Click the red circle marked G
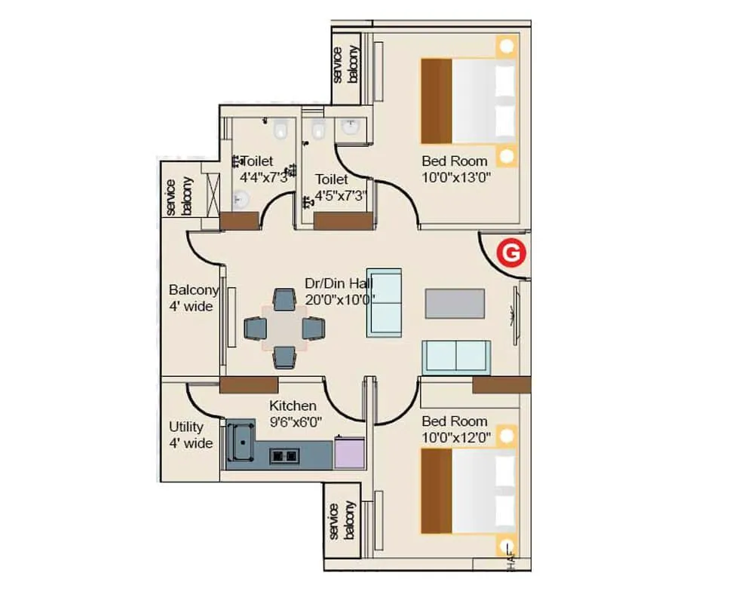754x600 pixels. coord(510,254)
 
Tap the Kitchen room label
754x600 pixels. coord(293,406)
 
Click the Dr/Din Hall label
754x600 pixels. coord(339,283)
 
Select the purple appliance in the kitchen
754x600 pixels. coord(349,453)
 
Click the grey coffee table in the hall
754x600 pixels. coord(455,302)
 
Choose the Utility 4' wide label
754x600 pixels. coord(190,435)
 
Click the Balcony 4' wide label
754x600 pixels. coord(193,298)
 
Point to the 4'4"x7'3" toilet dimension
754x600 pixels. coord(264,178)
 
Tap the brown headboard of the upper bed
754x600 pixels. coord(436,101)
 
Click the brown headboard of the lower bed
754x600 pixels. coord(436,491)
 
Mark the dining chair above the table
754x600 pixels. coord(284,299)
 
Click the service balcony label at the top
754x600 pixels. coord(345,64)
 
